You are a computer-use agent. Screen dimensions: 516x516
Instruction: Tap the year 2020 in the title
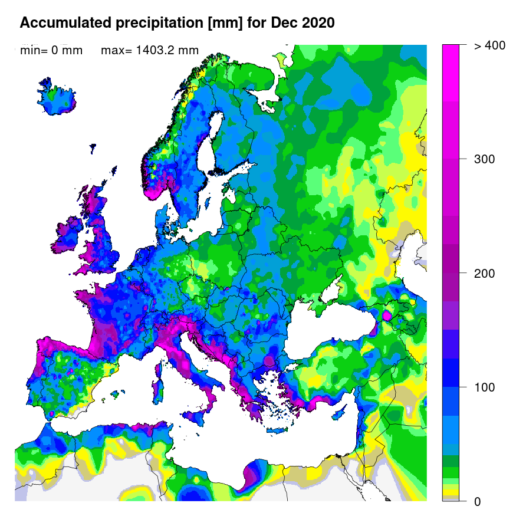tap(317, 23)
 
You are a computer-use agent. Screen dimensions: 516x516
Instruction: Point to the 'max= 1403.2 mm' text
tap(150, 51)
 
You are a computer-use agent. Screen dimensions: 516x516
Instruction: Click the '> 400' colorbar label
tap(489, 45)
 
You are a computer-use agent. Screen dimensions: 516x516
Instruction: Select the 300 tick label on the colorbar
tap(485, 159)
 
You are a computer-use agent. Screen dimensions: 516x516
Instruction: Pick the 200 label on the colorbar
tap(485, 274)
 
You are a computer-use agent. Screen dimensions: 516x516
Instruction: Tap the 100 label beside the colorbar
tap(485, 387)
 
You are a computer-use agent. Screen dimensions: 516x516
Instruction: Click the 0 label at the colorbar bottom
tap(477, 501)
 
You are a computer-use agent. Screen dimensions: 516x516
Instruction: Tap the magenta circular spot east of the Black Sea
tap(387, 315)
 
